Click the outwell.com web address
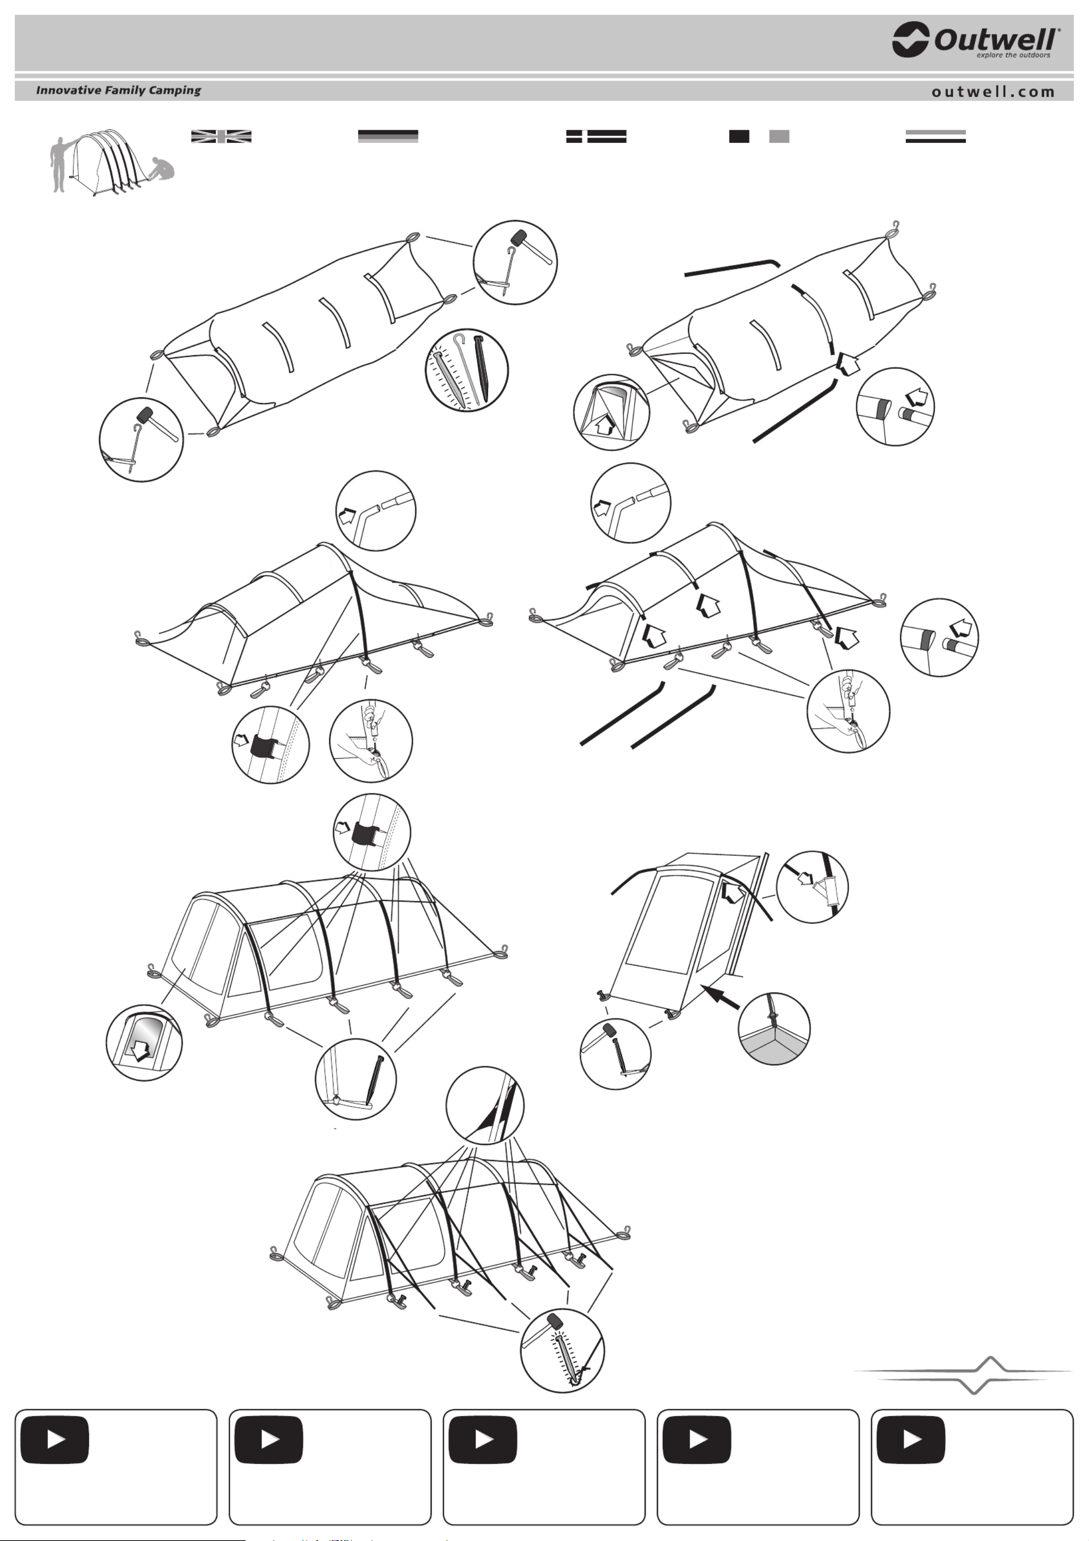993,92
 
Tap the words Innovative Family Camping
119,90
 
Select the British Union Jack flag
221,136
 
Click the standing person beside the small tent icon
59,164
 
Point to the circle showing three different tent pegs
467,370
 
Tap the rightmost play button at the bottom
911,1440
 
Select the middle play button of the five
483,1440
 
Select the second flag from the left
388,136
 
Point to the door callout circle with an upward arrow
611,413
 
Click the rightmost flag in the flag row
935,136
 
